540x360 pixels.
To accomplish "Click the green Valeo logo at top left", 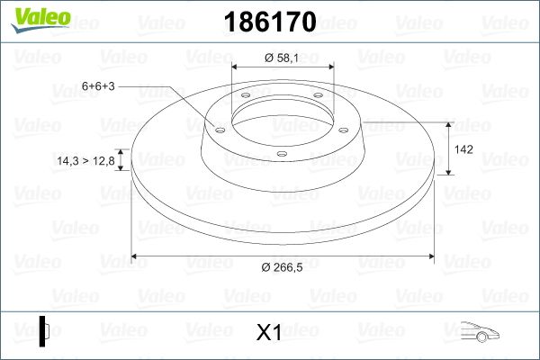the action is pyautogui.click(x=40, y=20).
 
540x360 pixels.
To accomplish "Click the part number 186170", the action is pyautogui.click(x=270, y=22).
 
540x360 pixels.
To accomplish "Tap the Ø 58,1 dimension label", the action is pyautogui.click(x=282, y=58).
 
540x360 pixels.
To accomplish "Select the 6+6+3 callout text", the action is pyautogui.click(x=98, y=85).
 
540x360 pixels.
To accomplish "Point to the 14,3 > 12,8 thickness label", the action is pyautogui.click(x=85, y=160).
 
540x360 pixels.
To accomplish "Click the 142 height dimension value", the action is pyautogui.click(x=463, y=149).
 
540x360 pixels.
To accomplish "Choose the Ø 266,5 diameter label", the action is pyautogui.click(x=282, y=267).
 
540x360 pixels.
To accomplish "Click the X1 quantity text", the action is pyautogui.click(x=269, y=332).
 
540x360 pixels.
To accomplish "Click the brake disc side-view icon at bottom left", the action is pyautogui.click(x=44, y=331).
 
